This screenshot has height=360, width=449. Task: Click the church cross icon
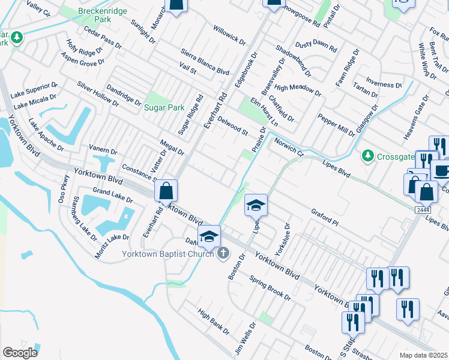[x=223, y=253]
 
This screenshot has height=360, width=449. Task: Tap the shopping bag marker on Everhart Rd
[x=166, y=191]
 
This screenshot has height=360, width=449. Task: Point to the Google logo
[x=20, y=353]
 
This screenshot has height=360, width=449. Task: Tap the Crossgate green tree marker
[x=368, y=156]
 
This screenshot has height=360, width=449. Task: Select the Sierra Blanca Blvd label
[x=205, y=62]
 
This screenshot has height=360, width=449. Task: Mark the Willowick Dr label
[x=229, y=35]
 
